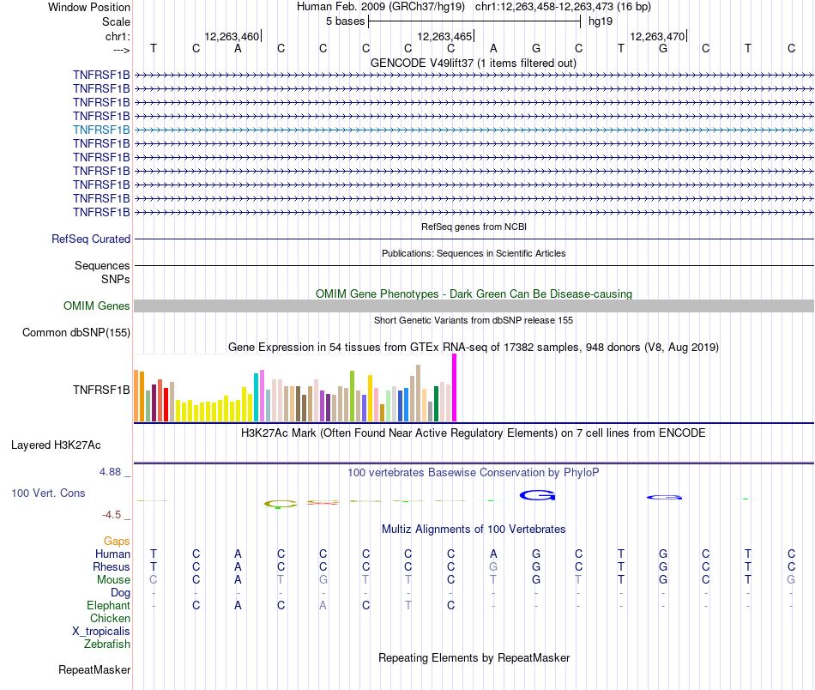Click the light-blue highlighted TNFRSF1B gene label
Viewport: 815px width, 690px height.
tap(101, 130)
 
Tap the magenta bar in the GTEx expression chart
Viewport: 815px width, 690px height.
tap(455, 388)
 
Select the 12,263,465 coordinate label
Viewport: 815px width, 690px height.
tap(444, 37)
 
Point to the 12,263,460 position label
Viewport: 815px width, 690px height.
tap(232, 37)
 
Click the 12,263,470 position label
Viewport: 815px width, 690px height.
tap(657, 37)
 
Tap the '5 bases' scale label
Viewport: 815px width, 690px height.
tap(345, 21)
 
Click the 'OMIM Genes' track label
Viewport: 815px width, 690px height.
tap(97, 306)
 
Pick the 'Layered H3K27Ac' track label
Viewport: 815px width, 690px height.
tap(56, 445)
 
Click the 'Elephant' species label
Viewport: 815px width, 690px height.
tap(108, 606)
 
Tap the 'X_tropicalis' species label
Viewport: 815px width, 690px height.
tap(101, 632)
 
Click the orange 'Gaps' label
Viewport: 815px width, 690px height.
tap(117, 542)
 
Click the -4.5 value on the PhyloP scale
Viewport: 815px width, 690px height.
tap(114, 515)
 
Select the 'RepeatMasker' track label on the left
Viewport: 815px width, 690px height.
tap(94, 669)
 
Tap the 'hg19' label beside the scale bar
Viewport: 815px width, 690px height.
tap(601, 21)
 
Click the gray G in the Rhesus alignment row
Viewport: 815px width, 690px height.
tap(493, 567)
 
